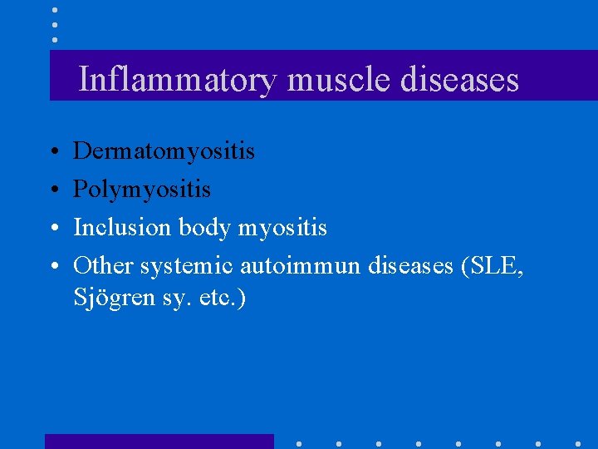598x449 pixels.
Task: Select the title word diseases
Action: (459, 80)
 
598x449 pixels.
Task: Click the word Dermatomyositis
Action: (164, 151)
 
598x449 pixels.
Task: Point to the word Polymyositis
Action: (142, 190)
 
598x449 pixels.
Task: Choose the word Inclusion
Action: (123, 227)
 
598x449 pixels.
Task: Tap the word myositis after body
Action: (282, 227)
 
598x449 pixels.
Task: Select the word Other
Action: (104, 265)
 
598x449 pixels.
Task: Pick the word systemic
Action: (187, 265)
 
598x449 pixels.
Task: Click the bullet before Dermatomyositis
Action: (53, 152)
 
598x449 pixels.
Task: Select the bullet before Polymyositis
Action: (53, 190)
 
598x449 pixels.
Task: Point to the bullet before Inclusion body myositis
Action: (53, 228)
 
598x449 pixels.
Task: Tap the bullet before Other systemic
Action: (53, 266)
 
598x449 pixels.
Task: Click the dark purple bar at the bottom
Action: (159, 442)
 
